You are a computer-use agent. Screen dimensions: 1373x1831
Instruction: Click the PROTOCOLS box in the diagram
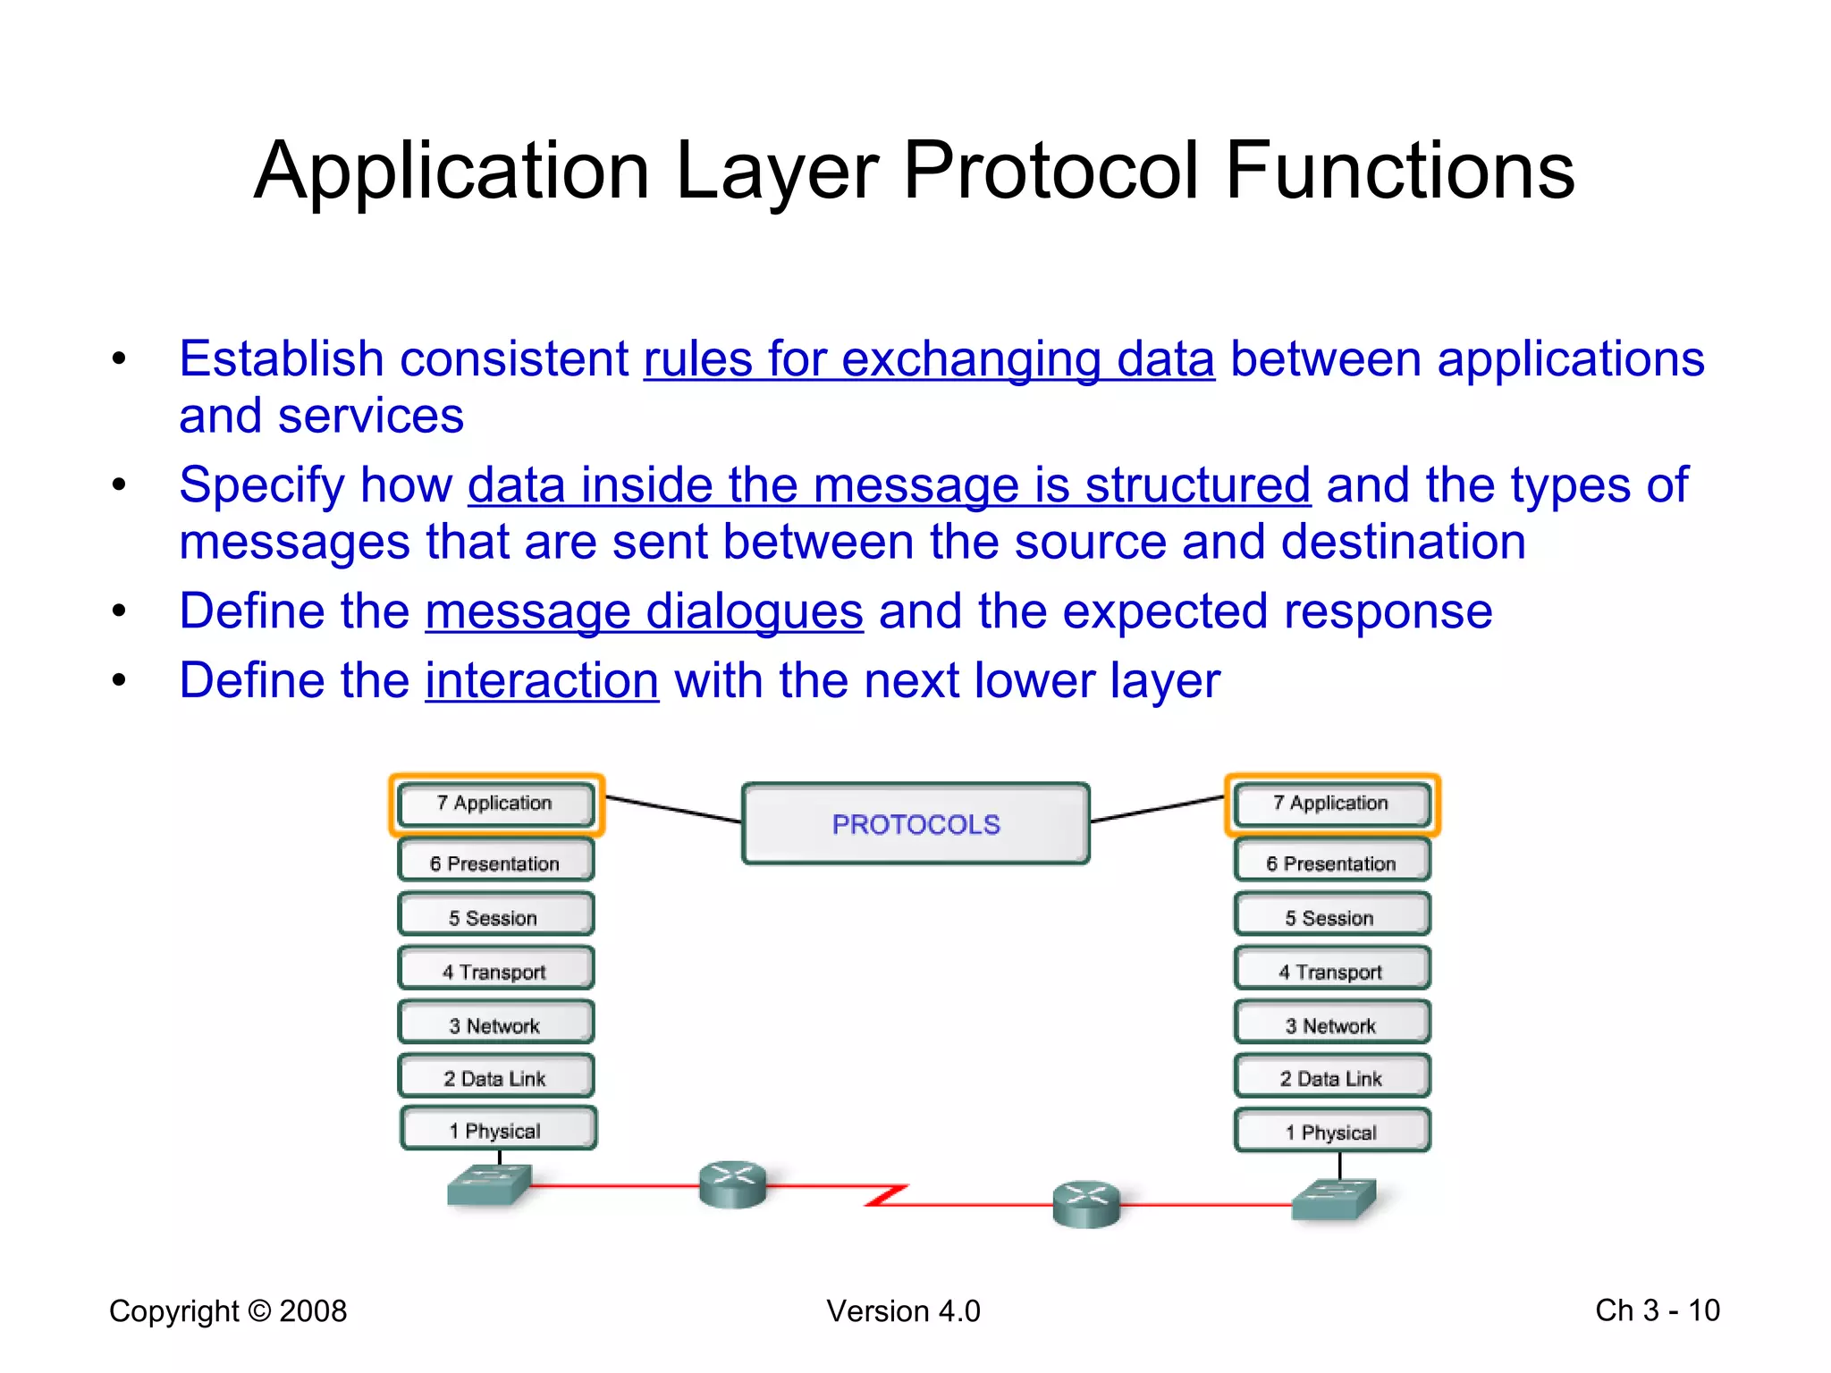click(915, 823)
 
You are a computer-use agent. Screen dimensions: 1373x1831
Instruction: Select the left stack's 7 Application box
click(495, 804)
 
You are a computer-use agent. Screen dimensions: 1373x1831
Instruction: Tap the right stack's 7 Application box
click(1331, 804)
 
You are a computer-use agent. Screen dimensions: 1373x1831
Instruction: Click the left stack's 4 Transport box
click(495, 971)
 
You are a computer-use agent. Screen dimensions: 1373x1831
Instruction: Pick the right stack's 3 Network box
click(1331, 1024)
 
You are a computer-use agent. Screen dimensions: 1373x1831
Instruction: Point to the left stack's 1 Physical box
click(497, 1130)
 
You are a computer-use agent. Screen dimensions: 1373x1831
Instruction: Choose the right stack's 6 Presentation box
click(1331, 863)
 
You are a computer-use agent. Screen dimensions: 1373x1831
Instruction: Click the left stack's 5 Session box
click(495, 917)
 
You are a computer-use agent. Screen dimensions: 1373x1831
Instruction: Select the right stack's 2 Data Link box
click(1331, 1078)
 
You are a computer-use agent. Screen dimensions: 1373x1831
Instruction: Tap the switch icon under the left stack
click(489, 1185)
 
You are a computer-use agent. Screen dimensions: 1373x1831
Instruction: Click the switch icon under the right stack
click(1335, 1200)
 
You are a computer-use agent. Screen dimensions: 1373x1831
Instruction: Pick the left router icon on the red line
click(732, 1184)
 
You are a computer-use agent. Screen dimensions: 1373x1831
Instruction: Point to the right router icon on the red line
click(1085, 1204)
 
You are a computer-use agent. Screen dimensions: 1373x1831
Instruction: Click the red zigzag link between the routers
click(887, 1195)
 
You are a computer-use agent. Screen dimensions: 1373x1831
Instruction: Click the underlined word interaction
click(542, 681)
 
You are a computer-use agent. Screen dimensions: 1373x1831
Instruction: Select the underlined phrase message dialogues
click(644, 612)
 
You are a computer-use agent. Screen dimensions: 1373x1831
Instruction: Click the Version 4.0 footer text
click(903, 1310)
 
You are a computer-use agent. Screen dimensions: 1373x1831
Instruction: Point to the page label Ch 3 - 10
click(1657, 1310)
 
